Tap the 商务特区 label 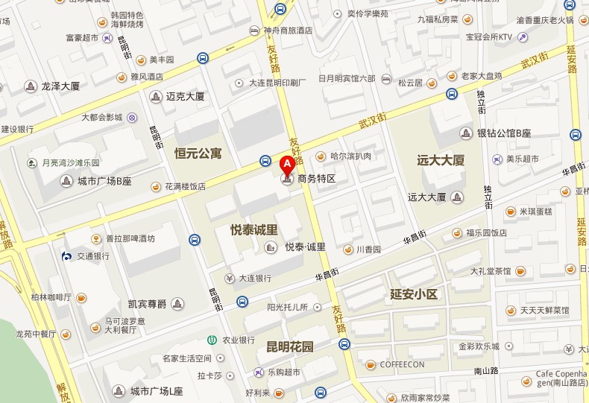317,179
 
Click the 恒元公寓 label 198,153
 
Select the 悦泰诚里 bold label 254,230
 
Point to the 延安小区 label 413,293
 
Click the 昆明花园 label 290,346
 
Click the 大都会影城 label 101,117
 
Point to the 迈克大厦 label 185,96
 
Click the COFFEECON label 402,364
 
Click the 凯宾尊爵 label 146,303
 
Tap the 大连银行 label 254,278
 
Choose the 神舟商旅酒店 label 288,31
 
